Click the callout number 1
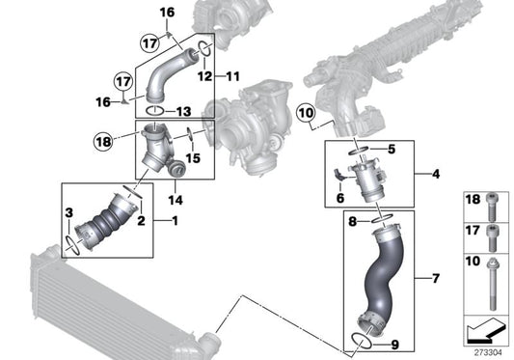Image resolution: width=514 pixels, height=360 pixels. click(x=175, y=221)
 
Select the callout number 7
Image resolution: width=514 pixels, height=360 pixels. click(x=436, y=280)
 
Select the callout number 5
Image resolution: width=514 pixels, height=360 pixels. click(x=392, y=150)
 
